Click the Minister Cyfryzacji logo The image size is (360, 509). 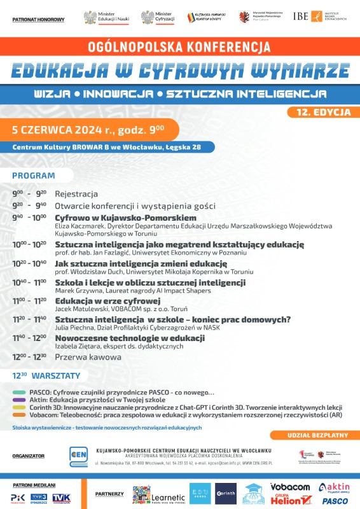point(159,17)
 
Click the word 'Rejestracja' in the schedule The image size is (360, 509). point(76,193)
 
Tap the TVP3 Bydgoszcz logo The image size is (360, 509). point(40,497)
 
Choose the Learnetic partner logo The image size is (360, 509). point(159,495)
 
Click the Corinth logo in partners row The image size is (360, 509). point(226,494)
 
